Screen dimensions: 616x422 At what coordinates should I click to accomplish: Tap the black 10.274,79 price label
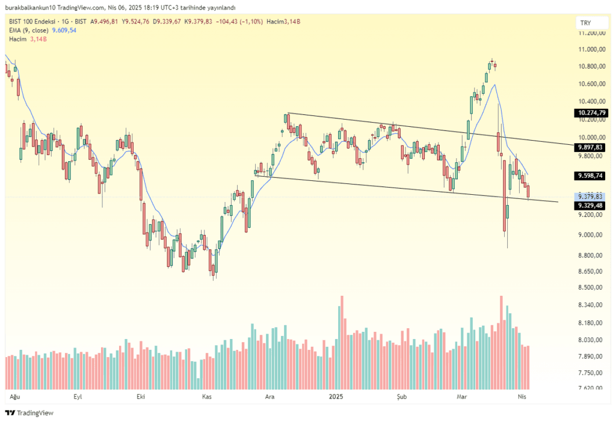591,113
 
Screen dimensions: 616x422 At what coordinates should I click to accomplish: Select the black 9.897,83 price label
590,147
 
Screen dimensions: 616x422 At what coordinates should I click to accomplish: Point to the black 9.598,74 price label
590,176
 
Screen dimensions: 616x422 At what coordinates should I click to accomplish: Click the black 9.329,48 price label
590,206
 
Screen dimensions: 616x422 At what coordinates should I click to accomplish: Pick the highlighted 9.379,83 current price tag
590,197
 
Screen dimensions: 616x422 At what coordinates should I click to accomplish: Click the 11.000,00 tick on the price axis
592,49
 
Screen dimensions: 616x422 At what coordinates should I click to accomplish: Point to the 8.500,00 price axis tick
590,287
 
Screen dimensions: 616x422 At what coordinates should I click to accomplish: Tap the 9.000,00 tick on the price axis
590,235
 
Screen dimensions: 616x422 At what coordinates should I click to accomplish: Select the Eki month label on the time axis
141,397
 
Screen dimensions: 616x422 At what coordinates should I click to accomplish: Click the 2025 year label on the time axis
336,397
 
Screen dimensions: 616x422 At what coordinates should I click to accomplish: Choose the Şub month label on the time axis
401,397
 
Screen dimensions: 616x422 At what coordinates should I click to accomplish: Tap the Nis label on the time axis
522,397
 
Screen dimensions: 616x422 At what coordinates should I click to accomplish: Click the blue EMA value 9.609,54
64,30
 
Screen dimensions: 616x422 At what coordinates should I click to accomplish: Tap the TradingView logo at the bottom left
29,412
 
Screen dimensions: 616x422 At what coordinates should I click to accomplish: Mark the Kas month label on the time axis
207,397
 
